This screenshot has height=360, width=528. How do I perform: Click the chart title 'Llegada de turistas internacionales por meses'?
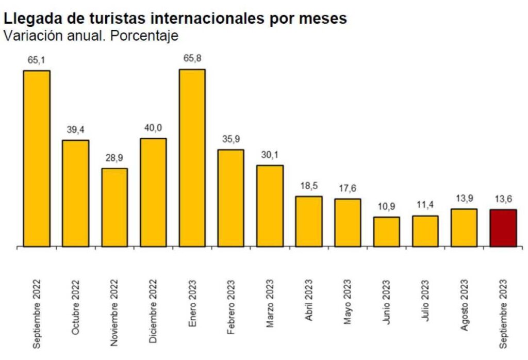(x=175, y=19)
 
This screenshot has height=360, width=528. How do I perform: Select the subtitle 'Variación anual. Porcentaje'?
(x=91, y=36)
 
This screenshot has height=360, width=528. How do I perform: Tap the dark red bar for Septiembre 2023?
(x=502, y=228)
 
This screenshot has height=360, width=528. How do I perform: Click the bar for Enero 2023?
(x=192, y=158)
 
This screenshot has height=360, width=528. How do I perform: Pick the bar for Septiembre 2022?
(x=37, y=158)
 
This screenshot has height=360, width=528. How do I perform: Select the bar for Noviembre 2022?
(x=114, y=207)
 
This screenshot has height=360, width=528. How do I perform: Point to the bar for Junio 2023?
(x=386, y=232)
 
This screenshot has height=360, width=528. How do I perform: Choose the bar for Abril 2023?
(x=308, y=221)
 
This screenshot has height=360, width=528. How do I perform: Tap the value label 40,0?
(x=153, y=128)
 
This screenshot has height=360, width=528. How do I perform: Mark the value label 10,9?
(x=386, y=206)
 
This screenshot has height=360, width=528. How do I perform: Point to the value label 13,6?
(x=502, y=199)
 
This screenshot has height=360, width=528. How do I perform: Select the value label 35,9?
(x=231, y=139)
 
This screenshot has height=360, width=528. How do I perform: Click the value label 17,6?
(x=347, y=188)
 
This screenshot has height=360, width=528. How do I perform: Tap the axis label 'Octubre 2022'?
(x=76, y=307)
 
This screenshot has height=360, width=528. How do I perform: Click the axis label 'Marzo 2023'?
(x=270, y=304)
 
